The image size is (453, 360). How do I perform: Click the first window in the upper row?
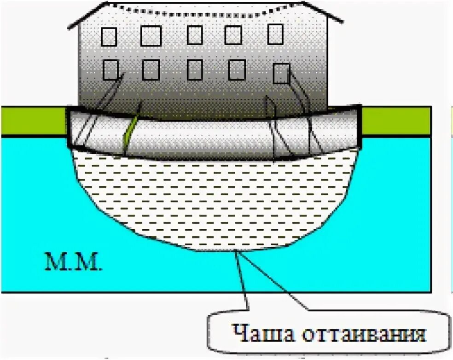coord(109,37)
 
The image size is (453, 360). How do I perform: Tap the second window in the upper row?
coord(151,36)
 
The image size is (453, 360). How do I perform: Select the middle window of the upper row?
coord(195,35)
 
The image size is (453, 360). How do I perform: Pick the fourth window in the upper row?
coord(233,35)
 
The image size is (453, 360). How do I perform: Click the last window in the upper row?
coord(275,34)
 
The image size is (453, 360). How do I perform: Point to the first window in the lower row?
coord(110,70)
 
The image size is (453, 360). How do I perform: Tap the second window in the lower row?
coord(151,70)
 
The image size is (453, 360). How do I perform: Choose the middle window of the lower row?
coord(195,70)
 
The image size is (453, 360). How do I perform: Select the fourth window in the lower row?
coord(237,70)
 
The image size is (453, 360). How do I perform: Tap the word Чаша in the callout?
coord(254,333)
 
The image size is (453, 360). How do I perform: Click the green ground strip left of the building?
coord(32,121)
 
